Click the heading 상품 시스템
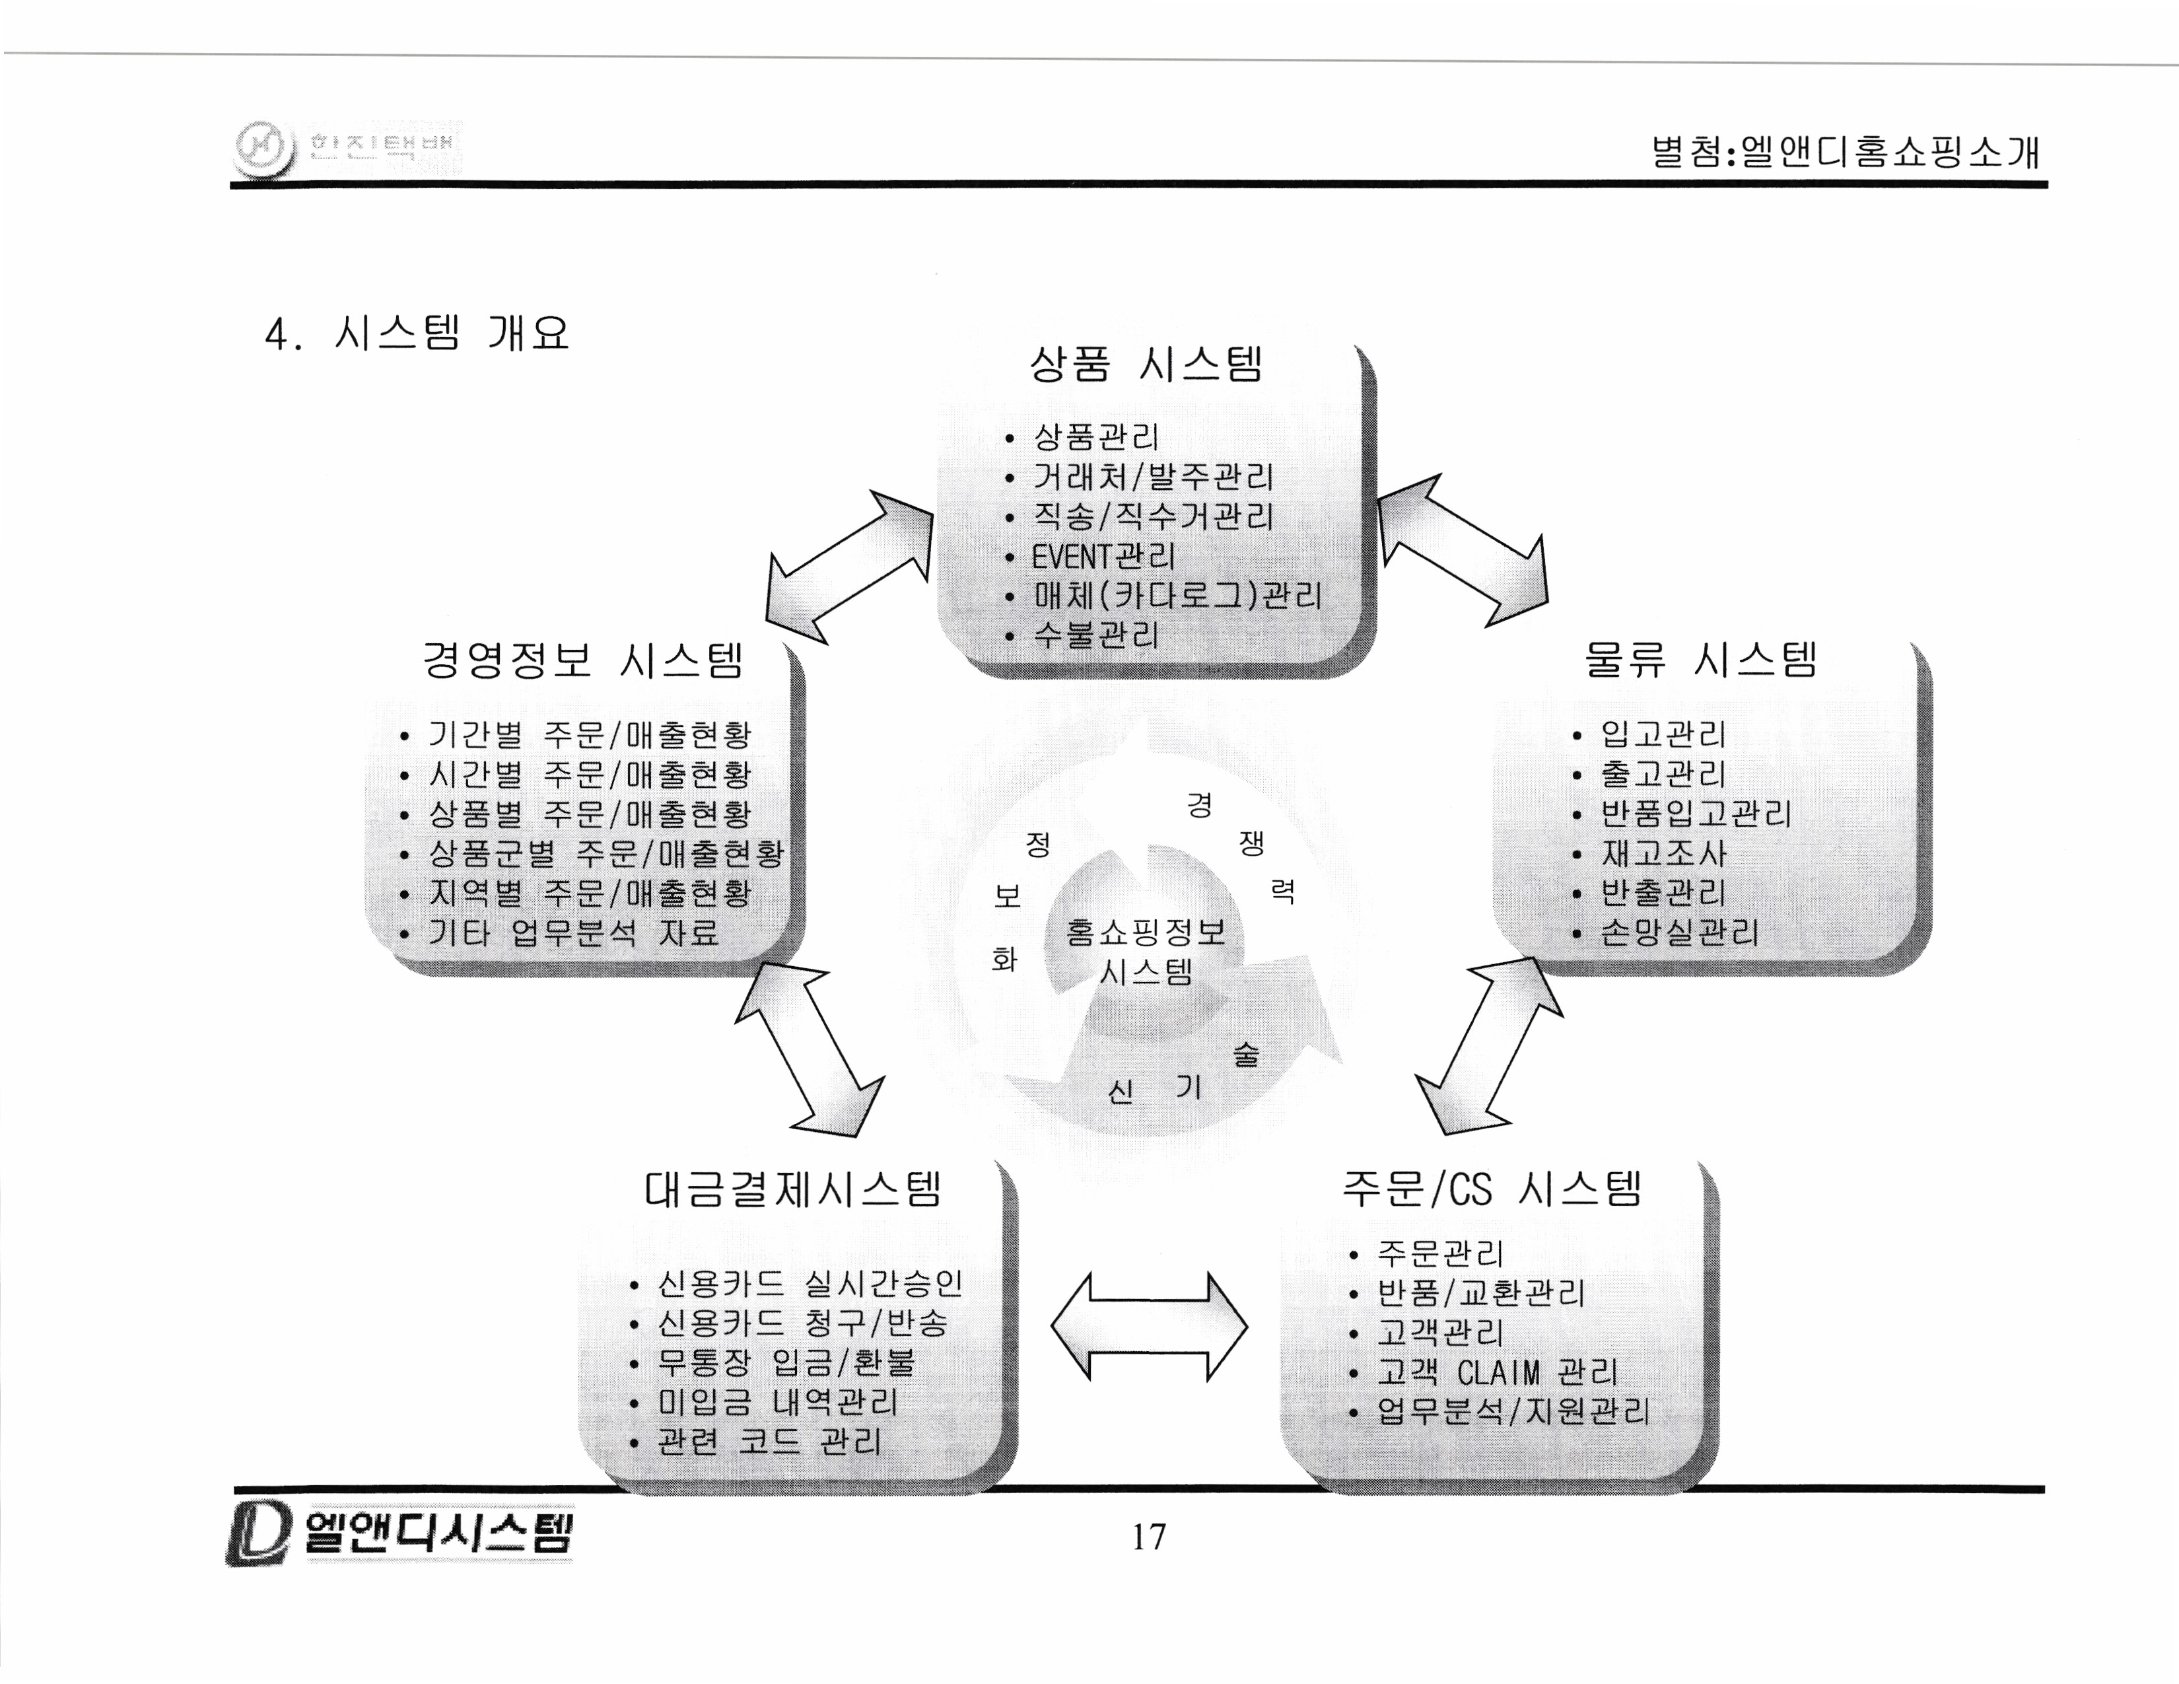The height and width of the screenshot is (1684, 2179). point(1146,364)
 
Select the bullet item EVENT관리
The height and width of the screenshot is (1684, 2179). point(1103,557)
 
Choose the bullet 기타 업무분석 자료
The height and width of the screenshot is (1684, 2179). point(574,932)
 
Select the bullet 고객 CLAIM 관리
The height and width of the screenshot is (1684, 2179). point(1496,1373)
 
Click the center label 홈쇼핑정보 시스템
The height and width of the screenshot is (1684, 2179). point(1146,951)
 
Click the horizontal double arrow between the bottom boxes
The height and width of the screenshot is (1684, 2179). point(1148,1327)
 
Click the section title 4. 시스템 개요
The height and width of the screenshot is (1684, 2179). point(417,333)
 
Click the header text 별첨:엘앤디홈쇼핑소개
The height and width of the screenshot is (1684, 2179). point(1845,152)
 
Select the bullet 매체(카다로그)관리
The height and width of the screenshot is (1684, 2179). point(1177,596)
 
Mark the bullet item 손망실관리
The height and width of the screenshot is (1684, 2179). point(1679,932)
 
